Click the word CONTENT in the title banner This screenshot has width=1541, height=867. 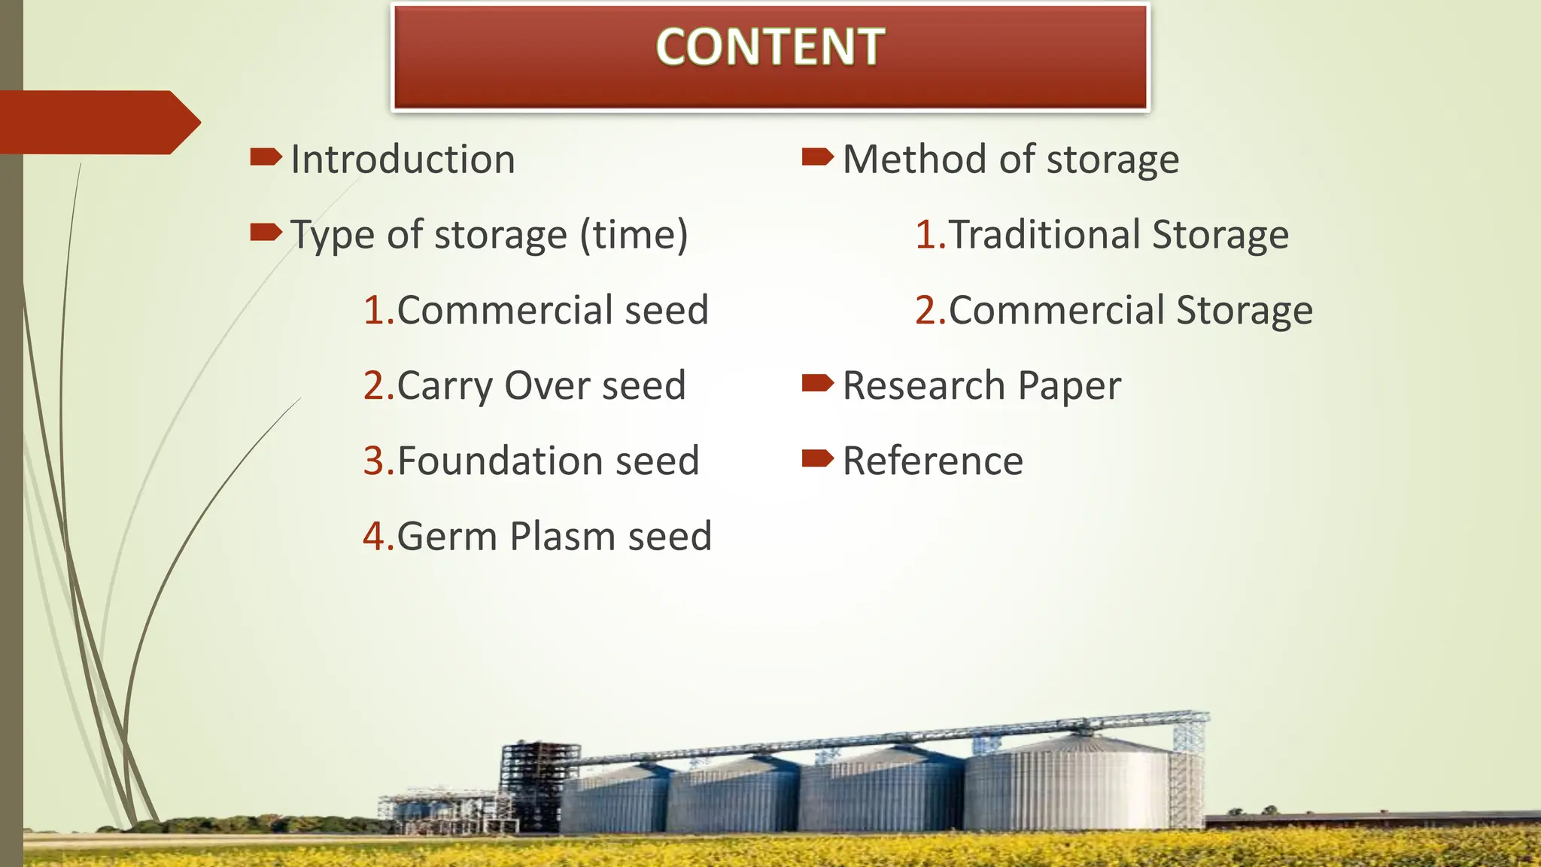770,47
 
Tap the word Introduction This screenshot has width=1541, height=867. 403,160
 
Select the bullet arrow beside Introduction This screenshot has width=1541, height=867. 266,157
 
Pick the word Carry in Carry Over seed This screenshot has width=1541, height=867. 444,386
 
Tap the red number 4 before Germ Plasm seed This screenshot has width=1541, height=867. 374,537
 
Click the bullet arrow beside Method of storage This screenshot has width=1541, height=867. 818,157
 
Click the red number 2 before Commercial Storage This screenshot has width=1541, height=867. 926,310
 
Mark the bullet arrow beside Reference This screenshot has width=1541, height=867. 818,458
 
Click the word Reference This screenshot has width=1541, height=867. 932,461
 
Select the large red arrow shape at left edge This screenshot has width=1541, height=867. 98,122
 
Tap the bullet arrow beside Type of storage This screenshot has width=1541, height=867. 266,232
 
